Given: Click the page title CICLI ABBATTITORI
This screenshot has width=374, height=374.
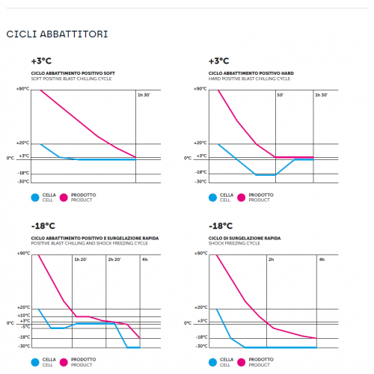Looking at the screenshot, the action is click(x=57, y=34).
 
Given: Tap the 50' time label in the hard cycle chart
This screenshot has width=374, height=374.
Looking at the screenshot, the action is click(x=280, y=95).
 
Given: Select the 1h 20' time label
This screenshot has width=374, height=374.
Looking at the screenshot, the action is click(x=81, y=260).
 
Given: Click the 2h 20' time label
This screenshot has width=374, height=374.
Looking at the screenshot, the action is click(x=114, y=260).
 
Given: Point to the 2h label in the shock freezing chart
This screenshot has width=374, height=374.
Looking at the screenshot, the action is click(x=272, y=260).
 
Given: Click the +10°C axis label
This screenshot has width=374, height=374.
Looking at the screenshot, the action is click(x=24, y=316).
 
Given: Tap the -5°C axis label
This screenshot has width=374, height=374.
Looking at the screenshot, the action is click(x=25, y=327).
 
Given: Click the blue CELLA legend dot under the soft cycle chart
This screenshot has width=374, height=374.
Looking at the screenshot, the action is click(x=35, y=197).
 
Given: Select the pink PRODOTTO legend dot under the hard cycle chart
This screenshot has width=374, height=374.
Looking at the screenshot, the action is click(x=241, y=197).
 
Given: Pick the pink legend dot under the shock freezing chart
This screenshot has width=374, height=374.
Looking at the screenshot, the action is click(x=241, y=362).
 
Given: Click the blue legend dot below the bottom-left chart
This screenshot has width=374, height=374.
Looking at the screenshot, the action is click(x=35, y=362).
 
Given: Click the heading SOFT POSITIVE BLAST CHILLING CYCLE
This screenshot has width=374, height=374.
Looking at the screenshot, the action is click(x=71, y=79).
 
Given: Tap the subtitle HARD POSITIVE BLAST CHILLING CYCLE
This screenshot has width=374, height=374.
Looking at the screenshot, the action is click(x=249, y=79).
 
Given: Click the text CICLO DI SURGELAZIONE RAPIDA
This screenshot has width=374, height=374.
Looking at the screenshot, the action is click(x=245, y=238).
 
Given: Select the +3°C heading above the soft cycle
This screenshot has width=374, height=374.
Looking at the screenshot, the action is click(x=41, y=61).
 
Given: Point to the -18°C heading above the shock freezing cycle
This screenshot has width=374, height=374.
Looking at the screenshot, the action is click(x=221, y=226).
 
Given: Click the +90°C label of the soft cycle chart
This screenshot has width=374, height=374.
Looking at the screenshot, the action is click(x=22, y=89).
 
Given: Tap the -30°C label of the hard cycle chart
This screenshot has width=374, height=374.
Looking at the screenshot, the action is click(x=200, y=182).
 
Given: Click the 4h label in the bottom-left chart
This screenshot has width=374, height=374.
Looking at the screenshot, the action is click(x=145, y=260).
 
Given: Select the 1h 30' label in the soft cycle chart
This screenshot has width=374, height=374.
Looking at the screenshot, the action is click(x=144, y=95).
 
